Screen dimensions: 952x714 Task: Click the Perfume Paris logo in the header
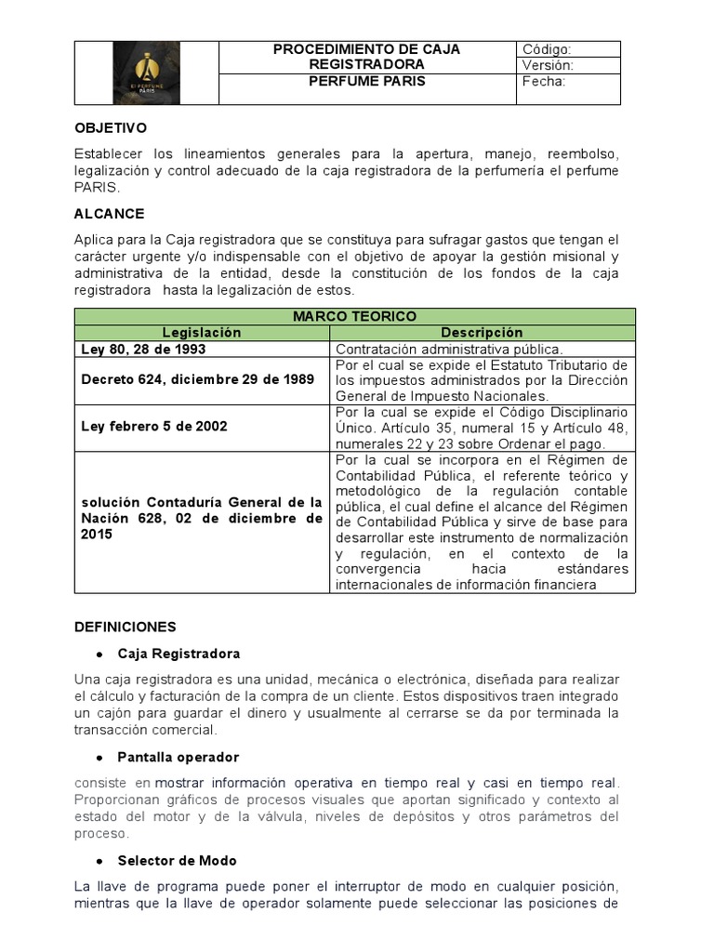(146, 73)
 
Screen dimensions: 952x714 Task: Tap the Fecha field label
(544, 81)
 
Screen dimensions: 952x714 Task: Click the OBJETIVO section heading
(111, 127)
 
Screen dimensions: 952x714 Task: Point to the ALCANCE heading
(109, 214)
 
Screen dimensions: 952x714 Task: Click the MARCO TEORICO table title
(354, 317)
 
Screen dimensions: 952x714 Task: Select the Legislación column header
(202, 332)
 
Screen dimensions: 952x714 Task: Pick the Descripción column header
(482, 332)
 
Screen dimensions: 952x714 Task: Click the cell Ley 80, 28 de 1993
(144, 349)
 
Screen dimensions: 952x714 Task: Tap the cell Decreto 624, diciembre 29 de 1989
(198, 380)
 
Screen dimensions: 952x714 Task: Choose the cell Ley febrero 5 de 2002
(154, 427)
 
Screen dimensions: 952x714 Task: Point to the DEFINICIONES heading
(126, 628)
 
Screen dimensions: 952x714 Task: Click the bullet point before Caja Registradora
(98, 654)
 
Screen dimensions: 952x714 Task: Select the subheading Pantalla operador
(178, 758)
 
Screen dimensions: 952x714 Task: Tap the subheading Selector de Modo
(177, 861)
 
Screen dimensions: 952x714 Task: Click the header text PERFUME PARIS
(366, 81)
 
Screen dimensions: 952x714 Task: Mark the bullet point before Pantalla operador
(98, 758)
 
